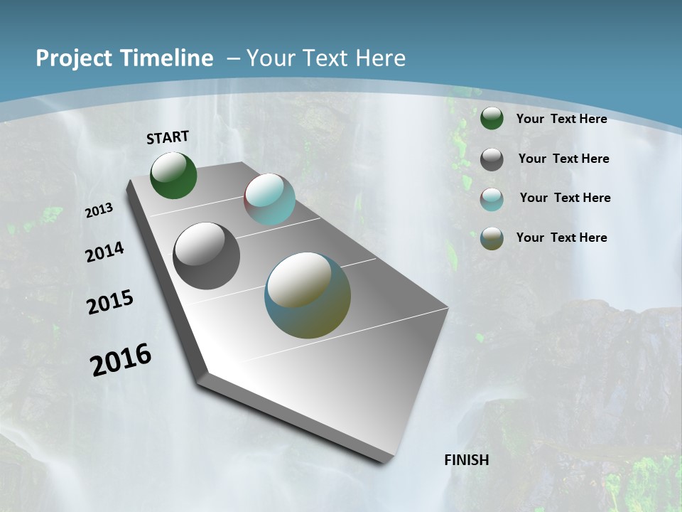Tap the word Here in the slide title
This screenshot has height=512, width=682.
pyautogui.click(x=380, y=58)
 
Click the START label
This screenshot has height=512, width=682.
pyautogui.click(x=168, y=137)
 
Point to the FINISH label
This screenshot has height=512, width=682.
pyautogui.click(x=467, y=460)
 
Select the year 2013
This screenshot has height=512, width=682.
pyautogui.click(x=99, y=210)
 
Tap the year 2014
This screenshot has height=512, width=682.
pyautogui.click(x=104, y=252)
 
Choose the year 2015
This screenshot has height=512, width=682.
pyautogui.click(x=109, y=302)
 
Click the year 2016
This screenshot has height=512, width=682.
pyautogui.click(x=120, y=360)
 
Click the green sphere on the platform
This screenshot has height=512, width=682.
pyautogui.click(x=173, y=175)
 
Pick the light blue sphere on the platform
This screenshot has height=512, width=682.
pyautogui.click(x=269, y=199)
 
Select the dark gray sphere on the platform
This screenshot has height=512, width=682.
pyautogui.click(x=207, y=256)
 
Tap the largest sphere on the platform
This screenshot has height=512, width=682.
pyautogui.click(x=308, y=295)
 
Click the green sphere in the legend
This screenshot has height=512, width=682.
pyautogui.click(x=492, y=118)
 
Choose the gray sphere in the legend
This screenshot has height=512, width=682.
pyautogui.click(x=492, y=159)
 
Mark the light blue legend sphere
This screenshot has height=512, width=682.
pyautogui.click(x=492, y=199)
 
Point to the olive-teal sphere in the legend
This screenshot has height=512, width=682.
pyautogui.click(x=492, y=238)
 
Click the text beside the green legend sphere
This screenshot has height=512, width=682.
pyautogui.click(x=561, y=119)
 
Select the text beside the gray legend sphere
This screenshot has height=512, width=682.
pyautogui.click(x=563, y=159)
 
